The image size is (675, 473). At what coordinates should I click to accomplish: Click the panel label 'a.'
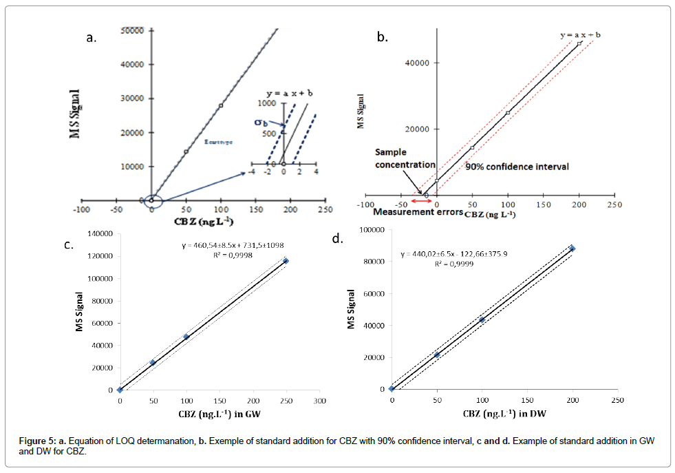coord(90,39)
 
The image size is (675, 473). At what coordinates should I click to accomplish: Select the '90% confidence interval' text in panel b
coord(517,167)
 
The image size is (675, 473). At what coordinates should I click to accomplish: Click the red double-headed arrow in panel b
coord(421,202)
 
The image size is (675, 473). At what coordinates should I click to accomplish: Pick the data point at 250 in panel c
coord(286,261)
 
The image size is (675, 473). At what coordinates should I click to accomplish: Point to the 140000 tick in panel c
coord(99,234)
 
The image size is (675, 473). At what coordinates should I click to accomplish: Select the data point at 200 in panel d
coord(572,249)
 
